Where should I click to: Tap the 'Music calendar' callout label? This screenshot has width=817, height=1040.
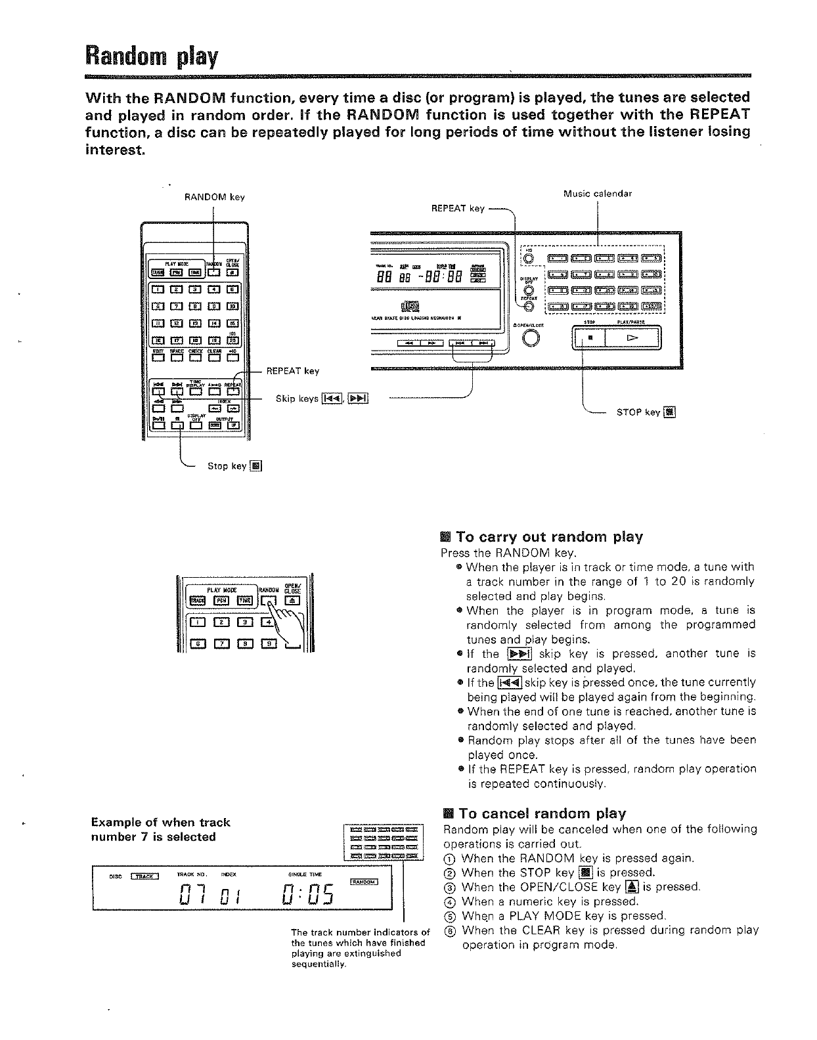coord(598,194)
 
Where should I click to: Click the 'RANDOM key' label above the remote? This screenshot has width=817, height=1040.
coord(214,197)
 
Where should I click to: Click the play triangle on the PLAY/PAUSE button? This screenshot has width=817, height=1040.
coord(632,338)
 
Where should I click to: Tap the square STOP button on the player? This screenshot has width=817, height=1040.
coord(590,338)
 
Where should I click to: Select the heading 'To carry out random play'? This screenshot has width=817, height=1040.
coord(549,537)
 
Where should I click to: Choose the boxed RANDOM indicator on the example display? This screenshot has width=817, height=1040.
coord(364,882)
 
